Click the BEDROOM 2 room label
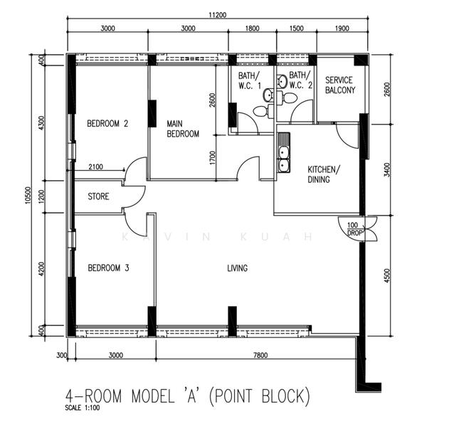click(107, 123)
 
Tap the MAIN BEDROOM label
click(183, 128)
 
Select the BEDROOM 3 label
click(107, 268)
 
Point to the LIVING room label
click(237, 268)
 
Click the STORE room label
click(98, 196)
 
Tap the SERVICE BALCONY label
click(339, 85)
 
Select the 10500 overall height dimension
click(27, 195)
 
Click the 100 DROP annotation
click(353, 229)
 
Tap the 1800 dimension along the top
click(253, 29)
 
